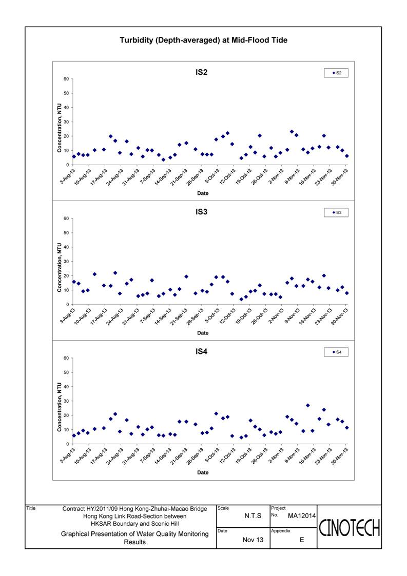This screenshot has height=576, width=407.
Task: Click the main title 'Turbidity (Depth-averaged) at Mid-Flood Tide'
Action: [x=203, y=41]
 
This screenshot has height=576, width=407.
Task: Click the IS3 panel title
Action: [x=202, y=212]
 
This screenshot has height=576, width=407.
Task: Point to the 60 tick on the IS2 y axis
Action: [x=66, y=79]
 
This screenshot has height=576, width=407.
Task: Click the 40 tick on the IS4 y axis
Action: [x=66, y=387]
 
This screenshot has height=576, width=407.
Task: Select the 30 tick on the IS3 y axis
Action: [x=66, y=262]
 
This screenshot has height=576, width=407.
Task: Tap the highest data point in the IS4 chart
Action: [x=308, y=406]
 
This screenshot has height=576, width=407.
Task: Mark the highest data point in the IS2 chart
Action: [x=292, y=131]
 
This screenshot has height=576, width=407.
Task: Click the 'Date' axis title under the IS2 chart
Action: [x=203, y=193]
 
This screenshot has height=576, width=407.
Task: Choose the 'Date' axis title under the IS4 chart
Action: [x=203, y=472]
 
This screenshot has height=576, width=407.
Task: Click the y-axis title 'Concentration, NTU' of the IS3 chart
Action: [x=59, y=267]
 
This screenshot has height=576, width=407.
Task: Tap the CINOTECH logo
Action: [x=350, y=528]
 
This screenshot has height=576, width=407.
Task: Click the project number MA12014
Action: [x=301, y=516]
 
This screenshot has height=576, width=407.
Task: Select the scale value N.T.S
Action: [x=253, y=516]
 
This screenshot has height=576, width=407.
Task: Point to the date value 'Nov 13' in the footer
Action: [x=253, y=540]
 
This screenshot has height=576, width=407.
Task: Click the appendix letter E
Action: [x=302, y=540]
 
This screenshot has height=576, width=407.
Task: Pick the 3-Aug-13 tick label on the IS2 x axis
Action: [x=68, y=176]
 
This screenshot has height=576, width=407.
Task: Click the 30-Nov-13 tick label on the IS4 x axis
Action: [x=340, y=455]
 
